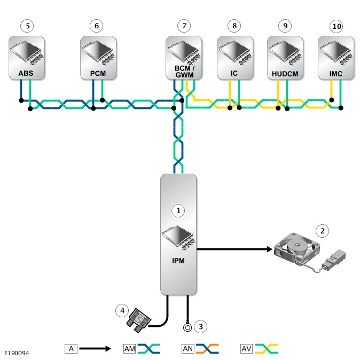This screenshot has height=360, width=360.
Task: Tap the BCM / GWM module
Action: point(183,58)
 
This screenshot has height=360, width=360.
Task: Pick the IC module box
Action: point(234,58)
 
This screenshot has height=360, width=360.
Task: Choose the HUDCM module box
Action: point(285,58)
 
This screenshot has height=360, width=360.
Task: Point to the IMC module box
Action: point(336,58)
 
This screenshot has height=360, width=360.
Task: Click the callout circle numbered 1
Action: point(178,211)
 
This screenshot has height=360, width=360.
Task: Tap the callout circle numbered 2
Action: point(322,231)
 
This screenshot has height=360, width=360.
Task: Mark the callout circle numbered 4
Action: point(122,310)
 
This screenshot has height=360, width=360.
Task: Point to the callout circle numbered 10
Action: point(336,25)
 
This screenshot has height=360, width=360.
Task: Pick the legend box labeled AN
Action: point(188,349)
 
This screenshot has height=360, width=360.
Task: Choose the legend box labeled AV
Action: point(247,349)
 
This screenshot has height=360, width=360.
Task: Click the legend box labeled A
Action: point(71,349)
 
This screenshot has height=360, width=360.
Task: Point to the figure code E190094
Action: point(17,353)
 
